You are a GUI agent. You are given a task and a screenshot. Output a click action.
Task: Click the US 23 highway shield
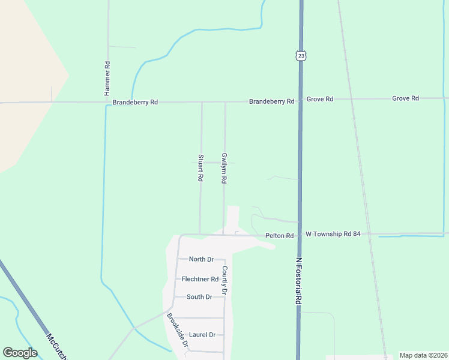point(301,55)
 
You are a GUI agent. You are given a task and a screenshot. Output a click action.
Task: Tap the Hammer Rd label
point(107,79)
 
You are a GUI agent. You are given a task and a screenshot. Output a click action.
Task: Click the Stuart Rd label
point(200,169)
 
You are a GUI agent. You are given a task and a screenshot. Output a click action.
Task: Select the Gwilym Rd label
point(224,168)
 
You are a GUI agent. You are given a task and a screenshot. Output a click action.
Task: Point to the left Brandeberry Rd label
point(135,103)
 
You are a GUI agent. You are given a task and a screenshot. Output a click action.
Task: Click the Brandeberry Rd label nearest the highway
point(272,102)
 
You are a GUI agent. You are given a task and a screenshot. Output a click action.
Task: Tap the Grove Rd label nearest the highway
point(320,98)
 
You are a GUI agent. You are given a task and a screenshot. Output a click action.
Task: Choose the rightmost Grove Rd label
point(405,98)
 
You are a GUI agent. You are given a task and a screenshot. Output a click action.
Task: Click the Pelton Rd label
point(280,236)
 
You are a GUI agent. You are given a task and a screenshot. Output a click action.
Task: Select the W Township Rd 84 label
point(333,233)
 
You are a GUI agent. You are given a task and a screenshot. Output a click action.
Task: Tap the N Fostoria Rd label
point(298,281)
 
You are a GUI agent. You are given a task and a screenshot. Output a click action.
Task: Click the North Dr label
point(201,259)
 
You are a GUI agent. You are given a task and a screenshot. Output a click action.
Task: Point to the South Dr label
point(199,297)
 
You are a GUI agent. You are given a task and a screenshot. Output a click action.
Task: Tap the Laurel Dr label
point(202,335)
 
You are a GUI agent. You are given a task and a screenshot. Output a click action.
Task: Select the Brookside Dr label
point(178,331)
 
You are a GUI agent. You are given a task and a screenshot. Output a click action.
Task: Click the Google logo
point(20,353)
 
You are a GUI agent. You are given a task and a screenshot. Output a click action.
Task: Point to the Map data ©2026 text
point(423,355)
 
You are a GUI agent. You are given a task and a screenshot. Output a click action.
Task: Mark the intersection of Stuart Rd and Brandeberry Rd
point(202,103)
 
